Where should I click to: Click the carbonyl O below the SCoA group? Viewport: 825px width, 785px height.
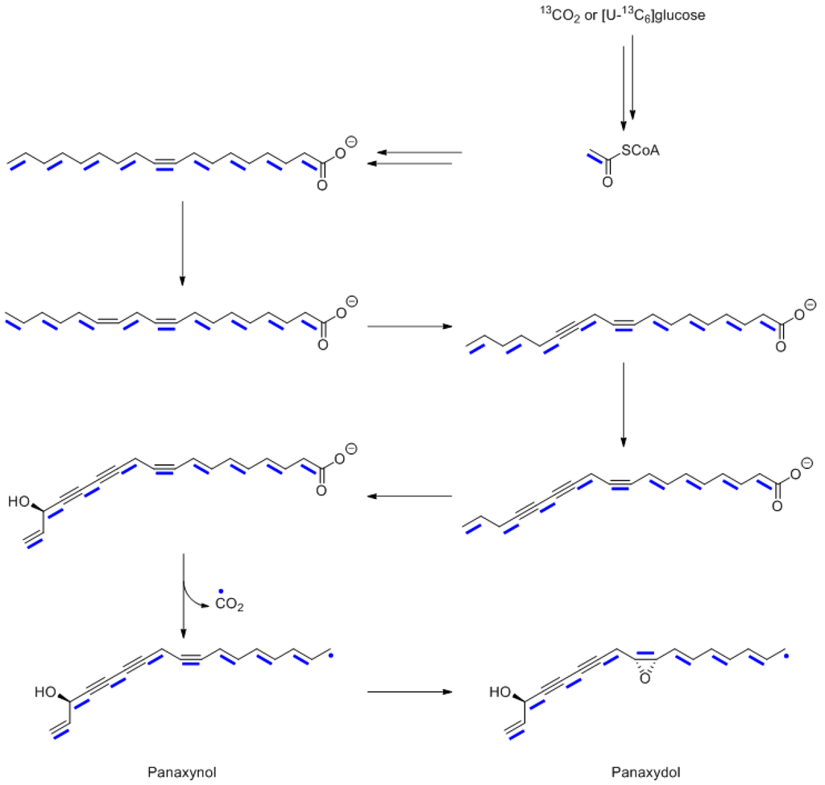tap(607, 183)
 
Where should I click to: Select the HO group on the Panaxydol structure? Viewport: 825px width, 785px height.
tap(500, 692)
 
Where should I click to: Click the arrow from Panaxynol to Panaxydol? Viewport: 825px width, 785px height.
tap(409, 692)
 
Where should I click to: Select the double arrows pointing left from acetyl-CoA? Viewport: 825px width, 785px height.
tap(414, 158)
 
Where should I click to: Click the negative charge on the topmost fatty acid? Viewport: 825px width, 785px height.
tap(351, 143)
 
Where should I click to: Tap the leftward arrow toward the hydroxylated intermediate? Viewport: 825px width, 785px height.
tap(409, 496)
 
